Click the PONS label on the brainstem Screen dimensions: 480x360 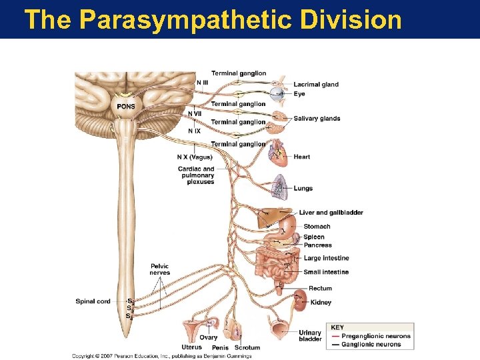pyautogui.click(x=125, y=107)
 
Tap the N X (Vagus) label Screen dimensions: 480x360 pyautogui.click(x=195, y=157)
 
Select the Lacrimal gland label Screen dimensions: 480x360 pyautogui.click(x=316, y=85)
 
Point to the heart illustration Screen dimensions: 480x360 pyautogui.click(x=277, y=155)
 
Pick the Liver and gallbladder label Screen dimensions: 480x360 pyautogui.click(x=331, y=213)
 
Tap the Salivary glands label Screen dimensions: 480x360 pyautogui.click(x=317, y=119)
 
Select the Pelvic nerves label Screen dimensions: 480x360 pyautogui.click(x=160, y=269)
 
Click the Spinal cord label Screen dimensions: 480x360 pyautogui.click(x=93, y=301)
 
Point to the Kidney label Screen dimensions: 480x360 pyautogui.click(x=321, y=303)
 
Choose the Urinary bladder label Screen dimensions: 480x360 pyautogui.click(x=310, y=335)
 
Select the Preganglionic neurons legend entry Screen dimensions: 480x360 pyautogui.click(x=371, y=336)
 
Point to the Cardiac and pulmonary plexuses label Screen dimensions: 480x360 pyautogui.click(x=196, y=175)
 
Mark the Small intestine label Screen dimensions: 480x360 pyautogui.click(x=326, y=272)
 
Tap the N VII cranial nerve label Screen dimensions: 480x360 pyautogui.click(x=195, y=114)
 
